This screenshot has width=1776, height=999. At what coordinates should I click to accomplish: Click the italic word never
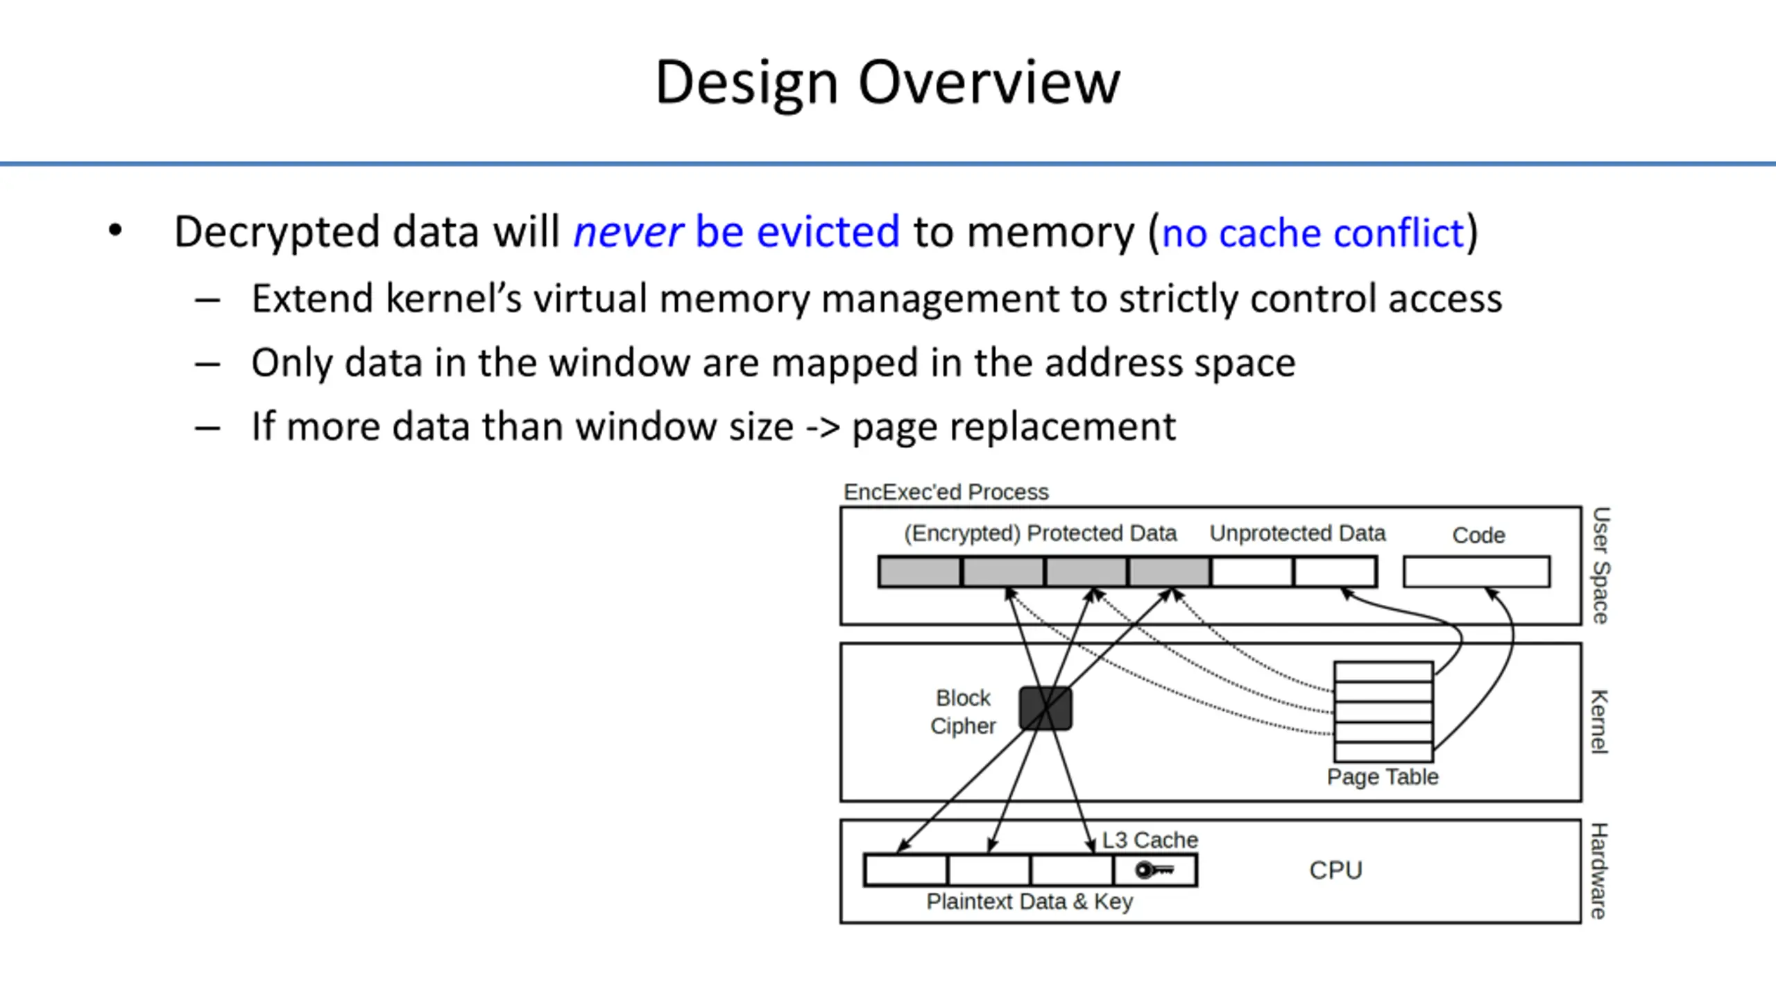tap(629, 232)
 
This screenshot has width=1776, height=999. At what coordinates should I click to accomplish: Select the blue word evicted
tap(828, 232)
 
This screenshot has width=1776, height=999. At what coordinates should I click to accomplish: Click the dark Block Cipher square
tap(1045, 708)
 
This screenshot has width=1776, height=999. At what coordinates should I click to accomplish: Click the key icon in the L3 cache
tap(1154, 870)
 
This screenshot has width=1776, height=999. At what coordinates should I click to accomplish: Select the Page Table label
tap(1382, 777)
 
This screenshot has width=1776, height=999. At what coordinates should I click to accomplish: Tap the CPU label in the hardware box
tap(1335, 870)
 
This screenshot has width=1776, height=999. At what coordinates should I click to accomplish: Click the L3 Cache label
tap(1150, 840)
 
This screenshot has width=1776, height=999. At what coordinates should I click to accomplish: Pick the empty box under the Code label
tap(1476, 572)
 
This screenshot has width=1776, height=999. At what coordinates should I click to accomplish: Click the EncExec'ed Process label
tap(946, 493)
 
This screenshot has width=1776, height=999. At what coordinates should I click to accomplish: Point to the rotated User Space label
tap(1600, 565)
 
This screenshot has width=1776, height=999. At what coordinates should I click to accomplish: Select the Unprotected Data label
tap(1297, 533)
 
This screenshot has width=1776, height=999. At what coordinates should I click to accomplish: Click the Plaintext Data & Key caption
tap(1030, 902)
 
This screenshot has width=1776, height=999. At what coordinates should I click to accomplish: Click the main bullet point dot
tap(115, 231)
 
